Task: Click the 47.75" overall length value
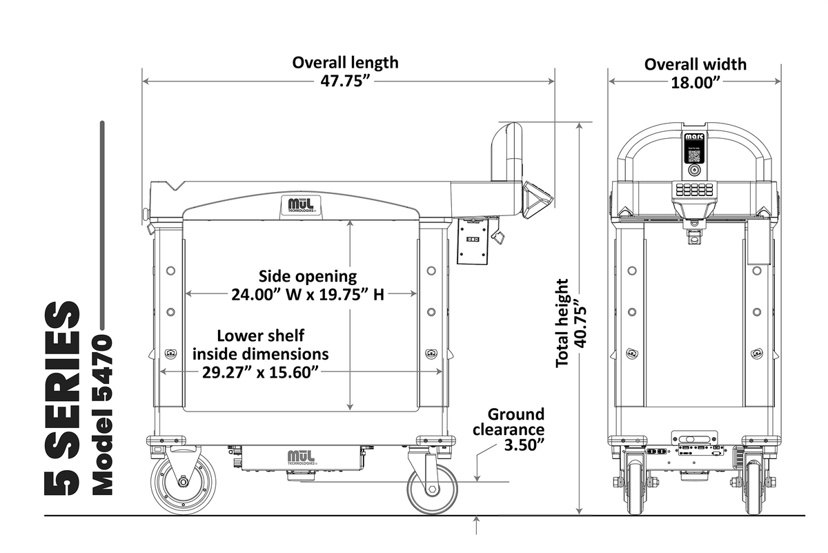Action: pos(345,81)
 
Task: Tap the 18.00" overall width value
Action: pos(695,82)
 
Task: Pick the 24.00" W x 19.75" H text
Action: pos(307,295)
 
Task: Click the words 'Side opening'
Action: pos(308,276)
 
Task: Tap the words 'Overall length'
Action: pos(345,62)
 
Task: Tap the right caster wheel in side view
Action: pos(431,489)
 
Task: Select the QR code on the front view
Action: pos(694,154)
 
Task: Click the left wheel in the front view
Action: pos(635,487)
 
